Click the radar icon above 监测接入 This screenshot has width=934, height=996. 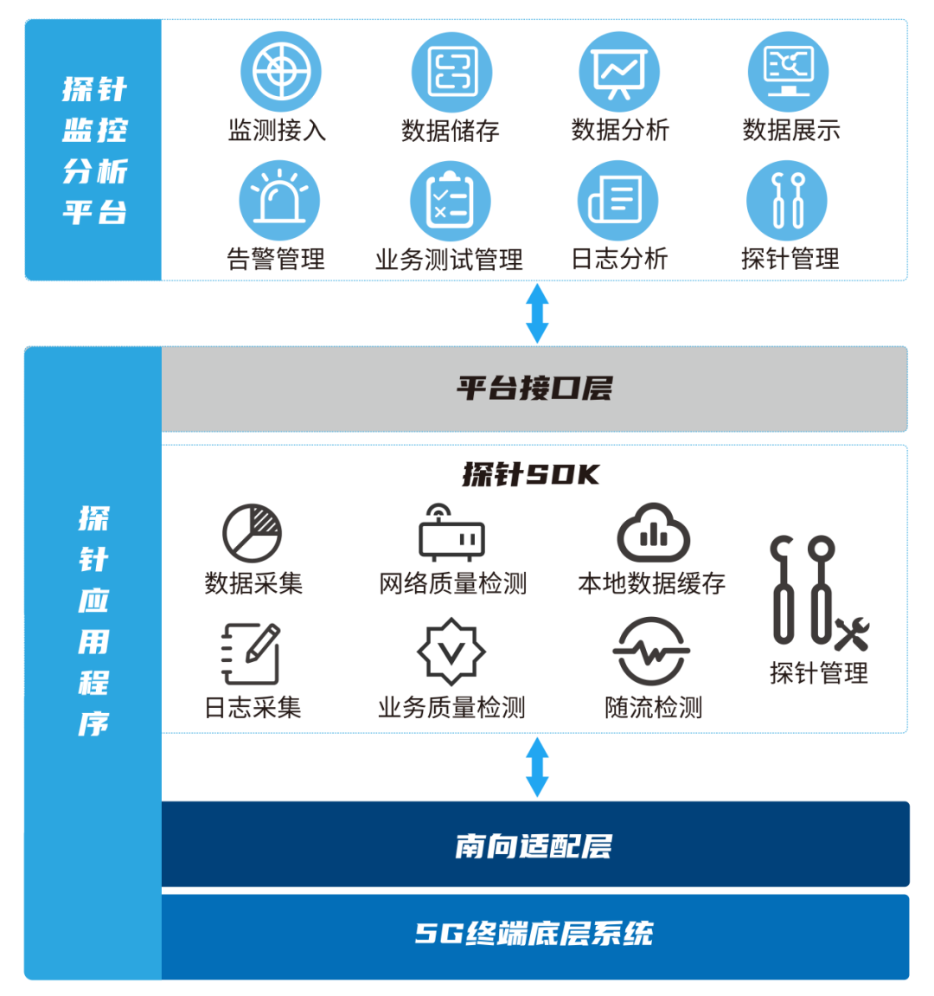coord(280,72)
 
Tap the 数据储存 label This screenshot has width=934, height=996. coord(451,131)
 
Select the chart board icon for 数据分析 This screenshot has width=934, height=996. coord(619,72)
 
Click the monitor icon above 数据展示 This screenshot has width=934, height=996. coord(788,72)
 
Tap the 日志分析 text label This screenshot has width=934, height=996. coord(619,258)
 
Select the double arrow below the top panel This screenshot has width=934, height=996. coord(537,312)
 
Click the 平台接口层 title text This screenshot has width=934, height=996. coord(534,388)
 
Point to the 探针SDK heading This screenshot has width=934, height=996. coord(532,474)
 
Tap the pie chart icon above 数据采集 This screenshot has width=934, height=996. coord(252,533)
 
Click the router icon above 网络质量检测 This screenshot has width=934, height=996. coord(451,533)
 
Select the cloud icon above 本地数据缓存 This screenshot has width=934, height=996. coord(653,533)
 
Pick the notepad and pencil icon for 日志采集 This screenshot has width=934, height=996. coord(251,653)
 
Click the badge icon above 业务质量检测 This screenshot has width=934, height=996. coord(451,652)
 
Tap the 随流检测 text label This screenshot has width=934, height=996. coord(653,708)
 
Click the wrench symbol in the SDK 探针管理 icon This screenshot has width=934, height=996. coord(852,635)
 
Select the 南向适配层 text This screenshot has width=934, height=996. coord(534,845)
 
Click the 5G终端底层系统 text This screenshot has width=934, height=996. coord(534,933)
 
